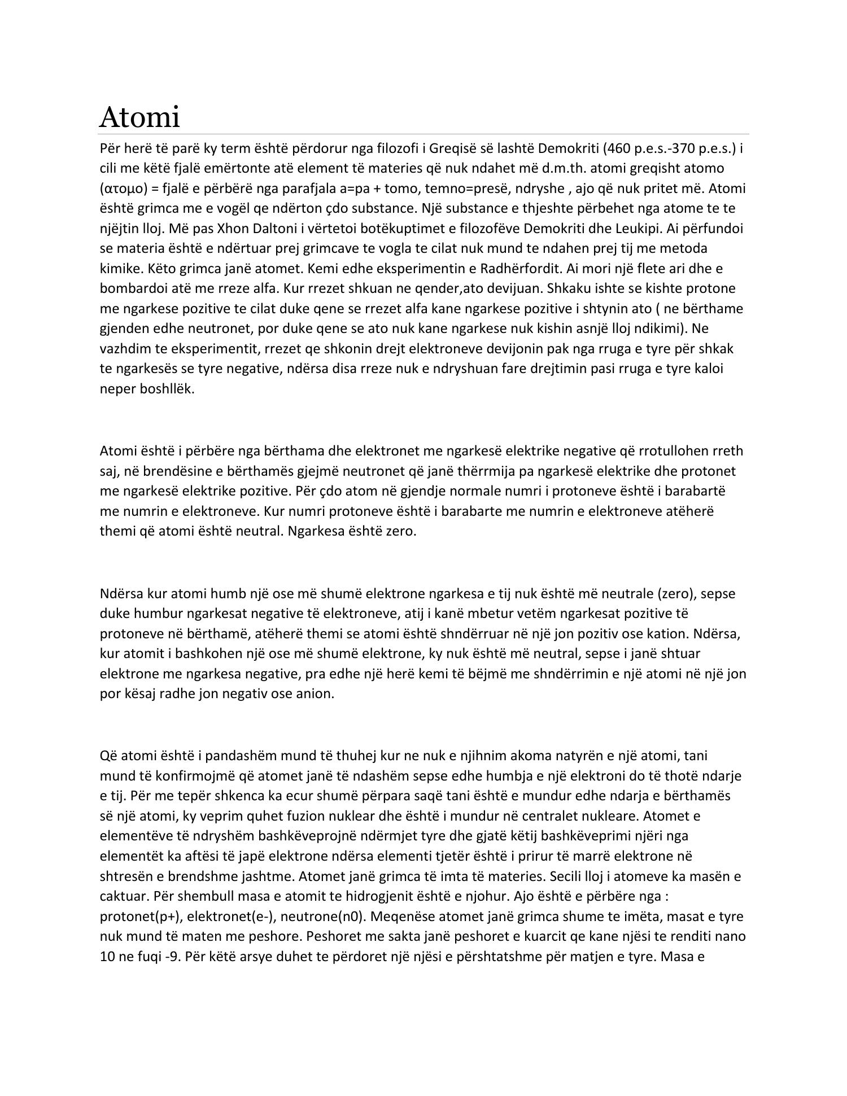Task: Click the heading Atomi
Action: pyautogui.click(x=139, y=117)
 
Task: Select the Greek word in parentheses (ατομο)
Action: pyautogui.click(x=125, y=188)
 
